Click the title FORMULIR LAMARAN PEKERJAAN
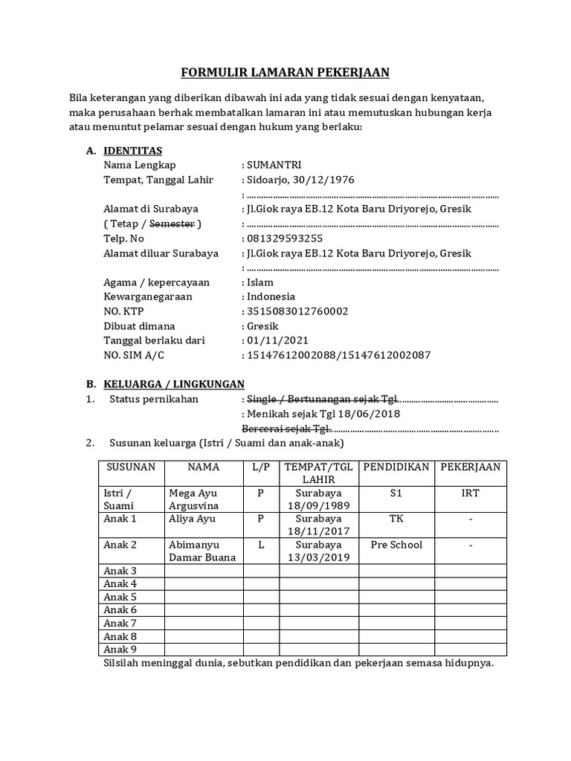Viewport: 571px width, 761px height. (x=285, y=72)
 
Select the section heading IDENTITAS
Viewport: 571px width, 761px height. (x=127, y=151)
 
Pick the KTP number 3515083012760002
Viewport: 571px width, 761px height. (x=297, y=311)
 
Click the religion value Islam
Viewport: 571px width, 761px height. (x=260, y=282)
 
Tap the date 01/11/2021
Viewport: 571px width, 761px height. (x=276, y=340)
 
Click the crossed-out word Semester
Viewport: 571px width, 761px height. (x=172, y=224)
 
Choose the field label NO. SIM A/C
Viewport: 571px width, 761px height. (x=134, y=355)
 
